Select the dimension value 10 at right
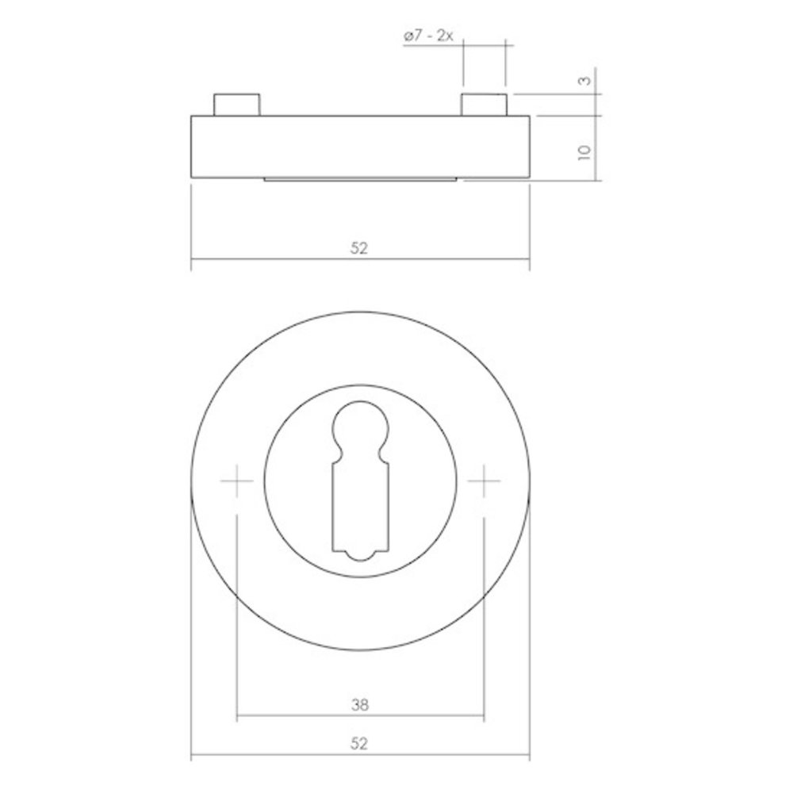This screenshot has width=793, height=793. pos(585,151)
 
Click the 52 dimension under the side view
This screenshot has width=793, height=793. pos(359,248)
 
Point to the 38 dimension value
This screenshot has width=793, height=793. pos(360,703)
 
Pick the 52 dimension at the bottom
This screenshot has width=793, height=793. pos(359,744)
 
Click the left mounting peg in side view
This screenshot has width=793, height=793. pos(236,104)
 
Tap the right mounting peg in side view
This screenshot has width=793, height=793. pos(484,104)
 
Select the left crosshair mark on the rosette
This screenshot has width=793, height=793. pos(236,481)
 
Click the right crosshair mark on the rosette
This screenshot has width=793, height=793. pos(484,481)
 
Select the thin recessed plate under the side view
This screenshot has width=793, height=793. pos(359,180)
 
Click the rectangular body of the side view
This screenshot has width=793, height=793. pos(359,147)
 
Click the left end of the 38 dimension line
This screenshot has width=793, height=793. pos(237,716)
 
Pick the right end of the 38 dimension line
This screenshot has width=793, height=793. pos(484,716)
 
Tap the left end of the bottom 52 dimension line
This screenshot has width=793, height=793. pos(192,757)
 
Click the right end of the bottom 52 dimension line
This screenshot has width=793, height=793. pos(529,757)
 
